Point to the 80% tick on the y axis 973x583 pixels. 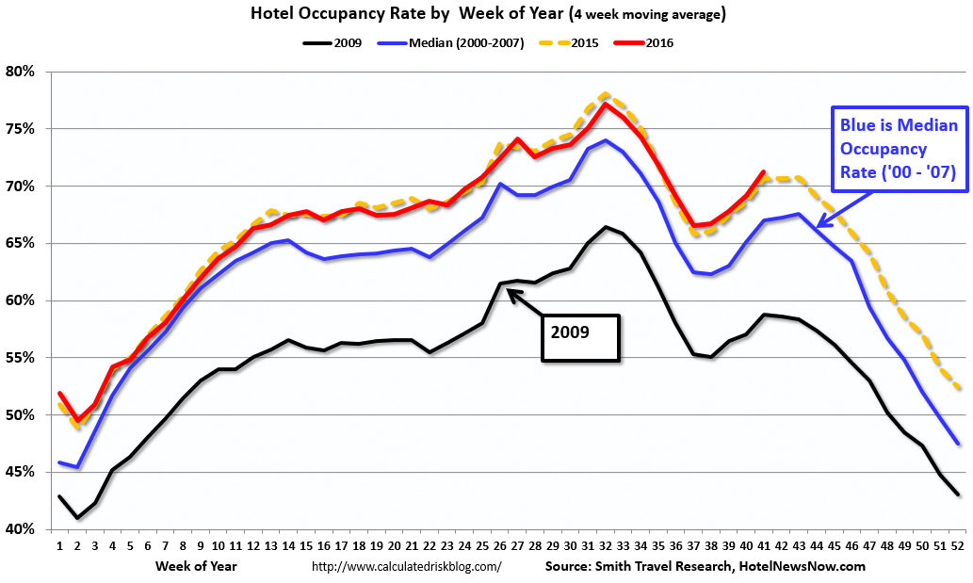20,72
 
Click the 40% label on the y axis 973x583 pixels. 20,529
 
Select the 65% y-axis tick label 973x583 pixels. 20,243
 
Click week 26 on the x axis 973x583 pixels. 500,546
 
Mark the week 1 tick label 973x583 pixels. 59,546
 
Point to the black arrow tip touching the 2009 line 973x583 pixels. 510,292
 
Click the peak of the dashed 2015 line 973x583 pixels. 605,94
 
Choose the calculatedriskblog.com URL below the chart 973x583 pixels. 406,567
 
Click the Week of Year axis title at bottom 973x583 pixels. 196,566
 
